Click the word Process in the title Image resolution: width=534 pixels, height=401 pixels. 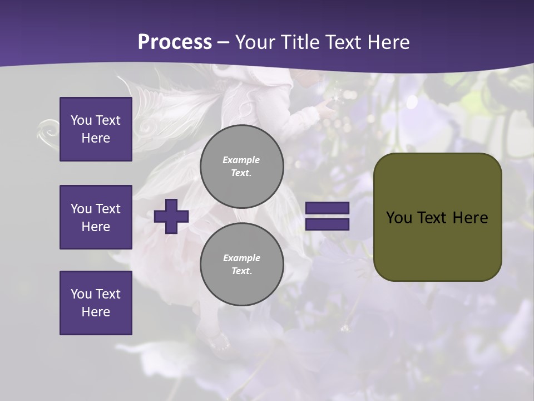click(x=175, y=42)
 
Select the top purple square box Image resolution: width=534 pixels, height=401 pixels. click(x=96, y=129)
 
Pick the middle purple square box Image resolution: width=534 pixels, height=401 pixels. click(x=96, y=217)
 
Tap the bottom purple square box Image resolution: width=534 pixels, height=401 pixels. click(x=96, y=303)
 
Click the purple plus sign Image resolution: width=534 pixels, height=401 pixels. click(x=171, y=216)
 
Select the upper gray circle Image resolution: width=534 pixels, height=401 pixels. click(x=241, y=167)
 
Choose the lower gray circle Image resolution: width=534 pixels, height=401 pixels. click(x=241, y=265)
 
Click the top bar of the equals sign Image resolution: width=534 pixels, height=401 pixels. click(x=327, y=208)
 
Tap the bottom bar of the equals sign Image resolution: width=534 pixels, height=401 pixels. click(x=327, y=224)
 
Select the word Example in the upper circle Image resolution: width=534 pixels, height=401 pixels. click(x=241, y=160)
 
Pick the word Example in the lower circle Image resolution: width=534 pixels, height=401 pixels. click(x=241, y=258)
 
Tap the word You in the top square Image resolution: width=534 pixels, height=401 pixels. click(x=81, y=120)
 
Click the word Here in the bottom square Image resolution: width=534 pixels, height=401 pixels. click(x=96, y=312)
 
